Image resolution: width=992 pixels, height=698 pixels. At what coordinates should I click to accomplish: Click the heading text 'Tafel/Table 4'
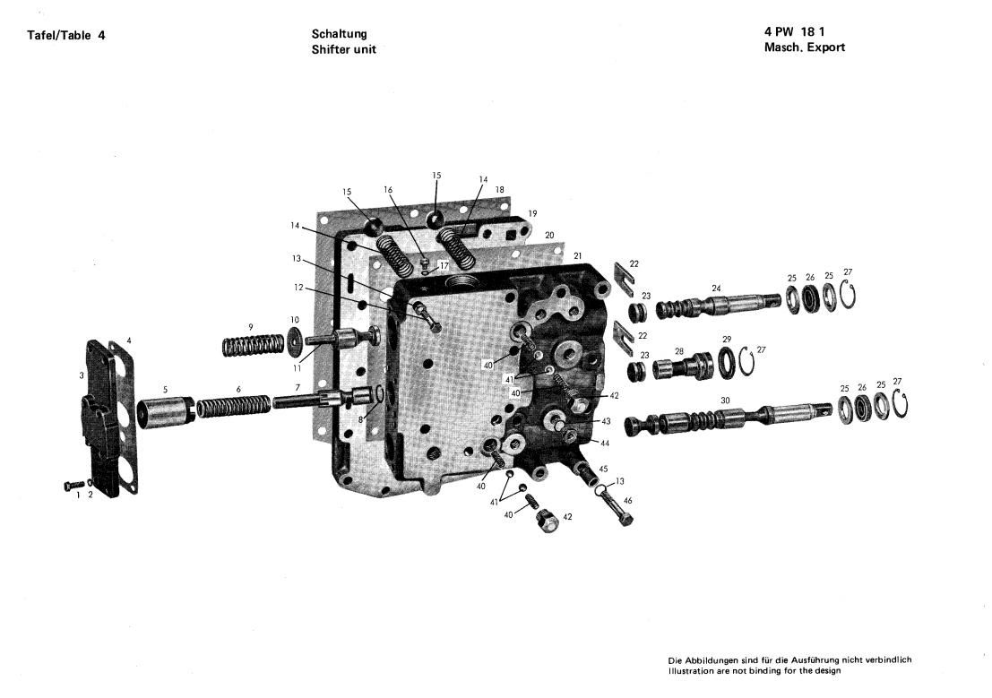(x=65, y=36)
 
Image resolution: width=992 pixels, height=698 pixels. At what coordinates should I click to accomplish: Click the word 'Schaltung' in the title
(x=339, y=34)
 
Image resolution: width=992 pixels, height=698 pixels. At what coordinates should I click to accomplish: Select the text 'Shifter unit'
(x=343, y=49)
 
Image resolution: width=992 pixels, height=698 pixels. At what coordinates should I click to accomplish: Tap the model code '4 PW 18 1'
(x=794, y=31)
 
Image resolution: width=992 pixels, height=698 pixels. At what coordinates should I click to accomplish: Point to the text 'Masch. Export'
(x=804, y=47)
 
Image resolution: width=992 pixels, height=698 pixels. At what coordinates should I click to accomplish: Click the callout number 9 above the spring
(x=251, y=327)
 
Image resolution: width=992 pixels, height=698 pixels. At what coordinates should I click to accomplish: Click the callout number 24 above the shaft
(x=715, y=289)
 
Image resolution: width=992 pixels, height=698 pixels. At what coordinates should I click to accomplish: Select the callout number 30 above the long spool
(x=725, y=401)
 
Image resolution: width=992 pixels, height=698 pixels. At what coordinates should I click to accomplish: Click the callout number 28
(x=679, y=351)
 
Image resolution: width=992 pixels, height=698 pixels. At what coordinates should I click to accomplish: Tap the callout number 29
(x=726, y=340)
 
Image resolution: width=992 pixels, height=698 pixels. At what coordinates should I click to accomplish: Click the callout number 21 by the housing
(x=577, y=255)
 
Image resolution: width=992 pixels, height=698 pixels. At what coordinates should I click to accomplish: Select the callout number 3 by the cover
(x=82, y=376)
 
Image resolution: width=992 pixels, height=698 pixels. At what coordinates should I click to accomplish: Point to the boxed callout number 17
(x=444, y=266)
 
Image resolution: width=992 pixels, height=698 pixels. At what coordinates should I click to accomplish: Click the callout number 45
(x=603, y=469)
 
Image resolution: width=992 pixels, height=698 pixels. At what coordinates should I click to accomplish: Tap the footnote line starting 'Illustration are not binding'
(x=755, y=671)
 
